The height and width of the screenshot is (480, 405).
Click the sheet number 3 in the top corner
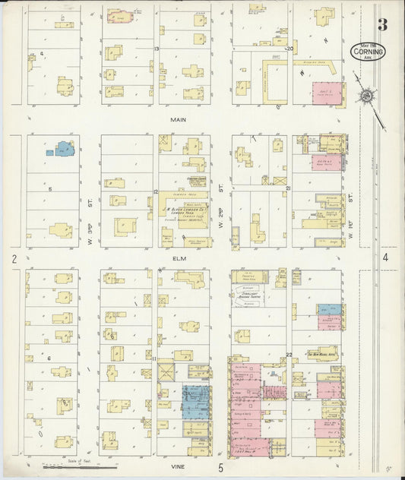(383, 26)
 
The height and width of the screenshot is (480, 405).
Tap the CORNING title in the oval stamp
(369, 52)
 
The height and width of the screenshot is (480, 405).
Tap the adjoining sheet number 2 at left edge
(14, 259)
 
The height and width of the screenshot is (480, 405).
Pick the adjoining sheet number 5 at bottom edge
(221, 468)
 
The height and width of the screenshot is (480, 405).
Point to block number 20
(290, 49)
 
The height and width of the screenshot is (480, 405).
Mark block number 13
(156, 49)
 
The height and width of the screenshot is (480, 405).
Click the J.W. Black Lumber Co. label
(187, 210)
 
